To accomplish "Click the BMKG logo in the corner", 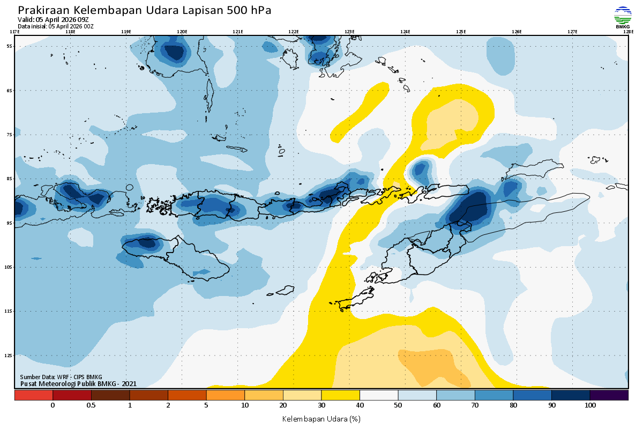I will (x=622, y=17).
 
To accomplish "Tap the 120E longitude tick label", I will (x=182, y=32).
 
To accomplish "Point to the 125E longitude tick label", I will (x=461, y=32).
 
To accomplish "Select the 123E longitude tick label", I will (x=349, y=32).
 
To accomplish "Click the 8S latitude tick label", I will (x=10, y=179).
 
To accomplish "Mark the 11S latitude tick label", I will (x=10, y=311).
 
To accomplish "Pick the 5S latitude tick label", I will (x=10, y=46).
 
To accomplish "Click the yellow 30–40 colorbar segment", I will (x=341, y=395).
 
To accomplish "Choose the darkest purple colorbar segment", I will (x=609, y=395).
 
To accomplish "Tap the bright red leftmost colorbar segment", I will (x=33, y=395).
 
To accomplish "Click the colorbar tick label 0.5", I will (x=91, y=405).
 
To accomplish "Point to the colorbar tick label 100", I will (x=590, y=405).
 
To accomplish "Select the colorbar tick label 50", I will (x=398, y=405).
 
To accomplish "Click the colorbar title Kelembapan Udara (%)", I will (x=321, y=418).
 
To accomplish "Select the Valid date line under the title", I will (x=53, y=20).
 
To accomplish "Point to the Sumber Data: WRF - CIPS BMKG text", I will (x=61, y=377).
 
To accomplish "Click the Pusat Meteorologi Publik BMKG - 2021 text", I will (x=78, y=383).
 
